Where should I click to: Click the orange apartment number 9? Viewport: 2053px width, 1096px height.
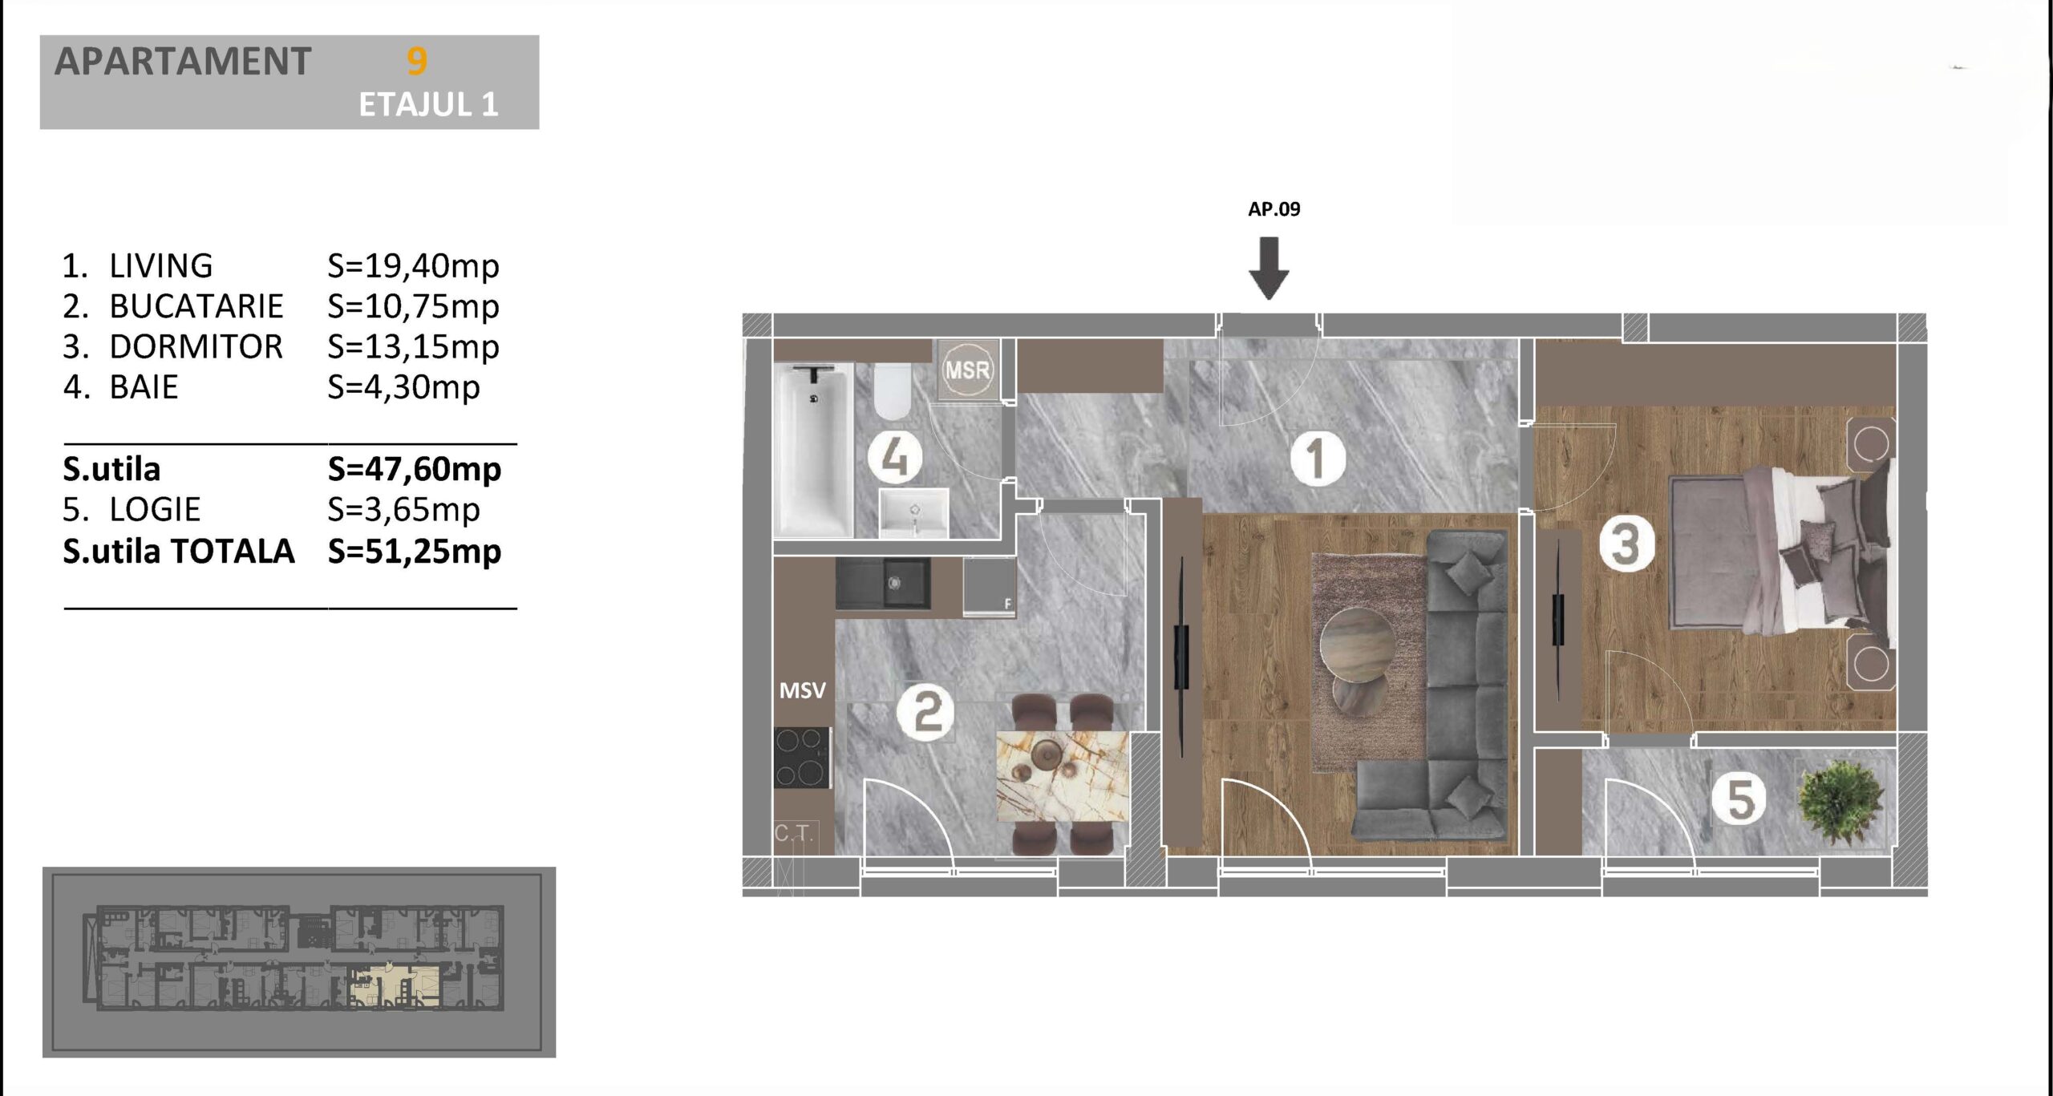click(x=417, y=62)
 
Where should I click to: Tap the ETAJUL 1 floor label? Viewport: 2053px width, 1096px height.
click(x=428, y=105)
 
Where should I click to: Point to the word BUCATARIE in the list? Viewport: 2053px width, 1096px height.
click(x=196, y=306)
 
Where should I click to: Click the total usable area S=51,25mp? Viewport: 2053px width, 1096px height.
click(x=415, y=552)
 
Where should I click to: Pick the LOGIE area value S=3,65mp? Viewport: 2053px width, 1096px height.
click(x=403, y=510)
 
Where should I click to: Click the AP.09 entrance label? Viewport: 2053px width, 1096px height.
click(x=1274, y=209)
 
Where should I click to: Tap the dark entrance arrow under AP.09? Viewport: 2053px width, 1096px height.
click(x=1269, y=268)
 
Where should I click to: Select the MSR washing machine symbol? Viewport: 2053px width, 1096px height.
click(x=968, y=370)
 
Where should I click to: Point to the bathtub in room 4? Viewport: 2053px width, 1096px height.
click(x=813, y=451)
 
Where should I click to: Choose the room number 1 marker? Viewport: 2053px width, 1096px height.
click(x=1317, y=459)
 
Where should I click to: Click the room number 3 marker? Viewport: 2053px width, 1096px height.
click(x=1626, y=544)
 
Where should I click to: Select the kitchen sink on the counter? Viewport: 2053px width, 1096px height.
click(x=883, y=583)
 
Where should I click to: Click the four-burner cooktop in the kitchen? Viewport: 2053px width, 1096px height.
click(x=802, y=758)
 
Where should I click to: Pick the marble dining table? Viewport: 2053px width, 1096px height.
click(x=1062, y=776)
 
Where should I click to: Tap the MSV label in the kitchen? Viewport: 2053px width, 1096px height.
click(x=802, y=690)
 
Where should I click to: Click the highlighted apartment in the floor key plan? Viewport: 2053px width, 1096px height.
click(x=394, y=986)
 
